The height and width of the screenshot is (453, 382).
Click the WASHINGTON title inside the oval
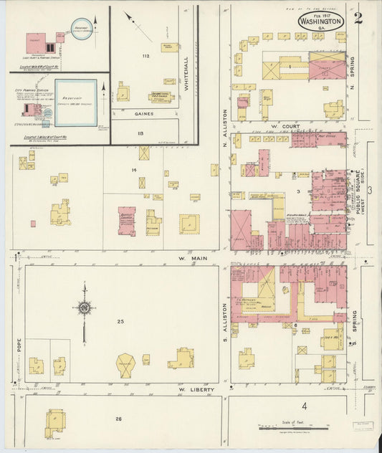pyautogui.click(x=321, y=22)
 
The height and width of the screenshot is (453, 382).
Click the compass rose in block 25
pyautogui.click(x=84, y=308)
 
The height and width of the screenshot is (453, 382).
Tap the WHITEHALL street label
pyautogui.click(x=186, y=72)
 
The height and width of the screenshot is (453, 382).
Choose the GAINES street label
pyautogui.click(x=143, y=113)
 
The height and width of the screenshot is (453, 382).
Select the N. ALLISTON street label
pyautogui.click(x=224, y=123)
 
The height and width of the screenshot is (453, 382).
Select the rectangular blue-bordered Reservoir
pyautogui.click(x=75, y=102)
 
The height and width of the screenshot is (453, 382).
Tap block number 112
pyautogui.click(x=145, y=56)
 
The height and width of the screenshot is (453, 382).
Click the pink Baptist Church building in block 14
pyautogui.click(x=127, y=221)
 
